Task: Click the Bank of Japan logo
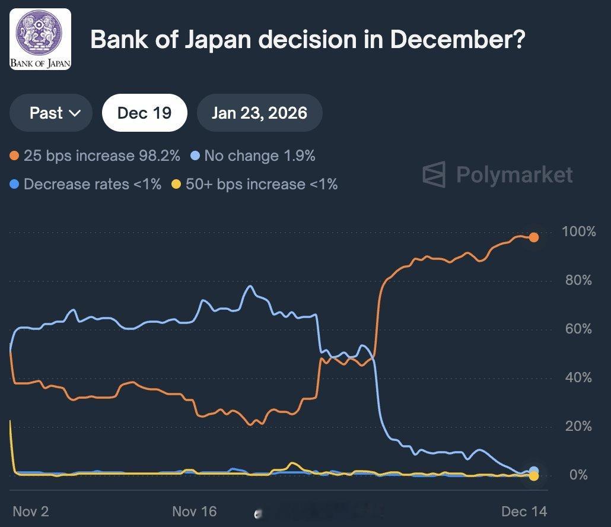[x=40, y=39]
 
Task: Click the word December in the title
[x=457, y=40]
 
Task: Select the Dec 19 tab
[x=144, y=113]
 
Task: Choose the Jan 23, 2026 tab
[x=259, y=113]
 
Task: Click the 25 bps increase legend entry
[x=95, y=156]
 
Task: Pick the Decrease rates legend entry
[x=85, y=185]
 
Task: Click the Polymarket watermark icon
[x=434, y=174]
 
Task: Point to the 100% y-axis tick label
[x=578, y=231]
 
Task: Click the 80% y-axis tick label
[x=578, y=280]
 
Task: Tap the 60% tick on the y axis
[x=578, y=329]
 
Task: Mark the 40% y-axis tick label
[x=578, y=377]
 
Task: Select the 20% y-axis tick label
[x=578, y=426]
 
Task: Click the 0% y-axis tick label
[x=578, y=475]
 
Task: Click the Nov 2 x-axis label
[x=31, y=511]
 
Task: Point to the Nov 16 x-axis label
[x=195, y=511]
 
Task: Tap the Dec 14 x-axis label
[x=524, y=511]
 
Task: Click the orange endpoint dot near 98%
[x=533, y=237]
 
